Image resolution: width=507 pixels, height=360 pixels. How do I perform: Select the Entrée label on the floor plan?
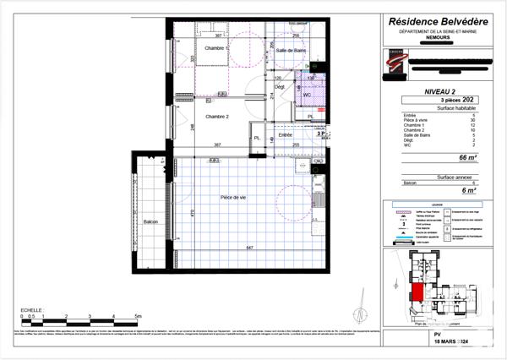click(x=285, y=134)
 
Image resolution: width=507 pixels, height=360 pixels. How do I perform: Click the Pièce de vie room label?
click(x=233, y=196)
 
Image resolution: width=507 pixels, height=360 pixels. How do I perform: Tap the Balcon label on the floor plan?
click(x=151, y=221)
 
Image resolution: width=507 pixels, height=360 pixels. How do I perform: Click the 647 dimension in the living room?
click(x=250, y=248)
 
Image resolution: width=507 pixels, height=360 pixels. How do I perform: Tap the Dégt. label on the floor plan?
click(x=281, y=87)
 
